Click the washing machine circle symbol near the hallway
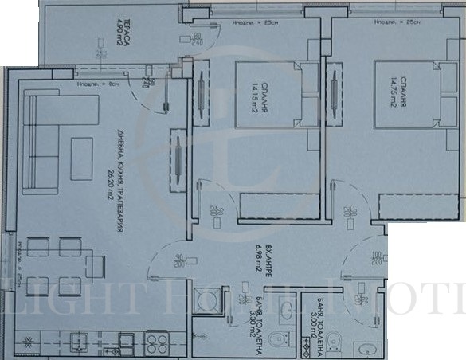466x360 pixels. pyautogui.click(x=210, y=301)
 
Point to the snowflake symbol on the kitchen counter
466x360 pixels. pyautogui.click(x=29, y=342)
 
